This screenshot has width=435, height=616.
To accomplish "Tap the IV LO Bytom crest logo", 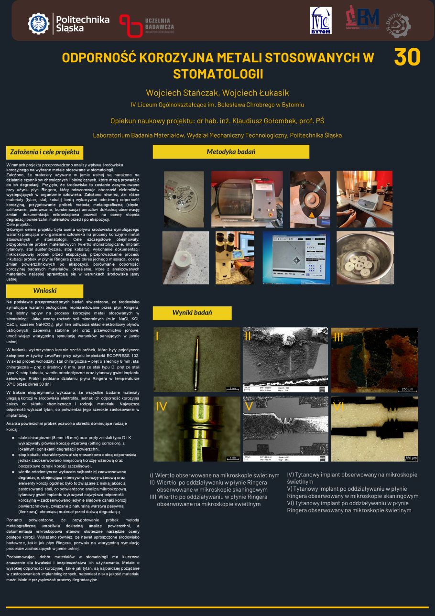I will click(320, 20).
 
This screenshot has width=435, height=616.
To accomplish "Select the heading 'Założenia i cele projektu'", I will click(45, 152).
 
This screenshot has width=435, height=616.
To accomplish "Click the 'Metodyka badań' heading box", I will click(231, 152).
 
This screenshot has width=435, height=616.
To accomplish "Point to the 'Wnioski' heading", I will click(45, 291).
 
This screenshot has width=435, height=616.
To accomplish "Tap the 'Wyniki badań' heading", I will click(192, 313).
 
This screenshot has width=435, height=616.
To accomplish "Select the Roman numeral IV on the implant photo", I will click(161, 407).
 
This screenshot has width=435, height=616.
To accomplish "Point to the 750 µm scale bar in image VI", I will click(411, 458).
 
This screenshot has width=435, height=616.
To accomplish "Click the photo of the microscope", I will click(235, 258).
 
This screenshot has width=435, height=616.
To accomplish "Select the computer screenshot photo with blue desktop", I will click(296, 258).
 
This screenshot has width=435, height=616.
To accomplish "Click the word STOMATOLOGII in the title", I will click(218, 74).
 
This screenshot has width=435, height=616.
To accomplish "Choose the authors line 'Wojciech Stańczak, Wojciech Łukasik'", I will click(217, 93).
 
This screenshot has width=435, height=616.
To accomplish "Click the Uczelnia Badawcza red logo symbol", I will click(130, 25).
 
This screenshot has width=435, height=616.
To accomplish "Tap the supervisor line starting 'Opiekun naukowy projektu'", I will click(217, 120).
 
